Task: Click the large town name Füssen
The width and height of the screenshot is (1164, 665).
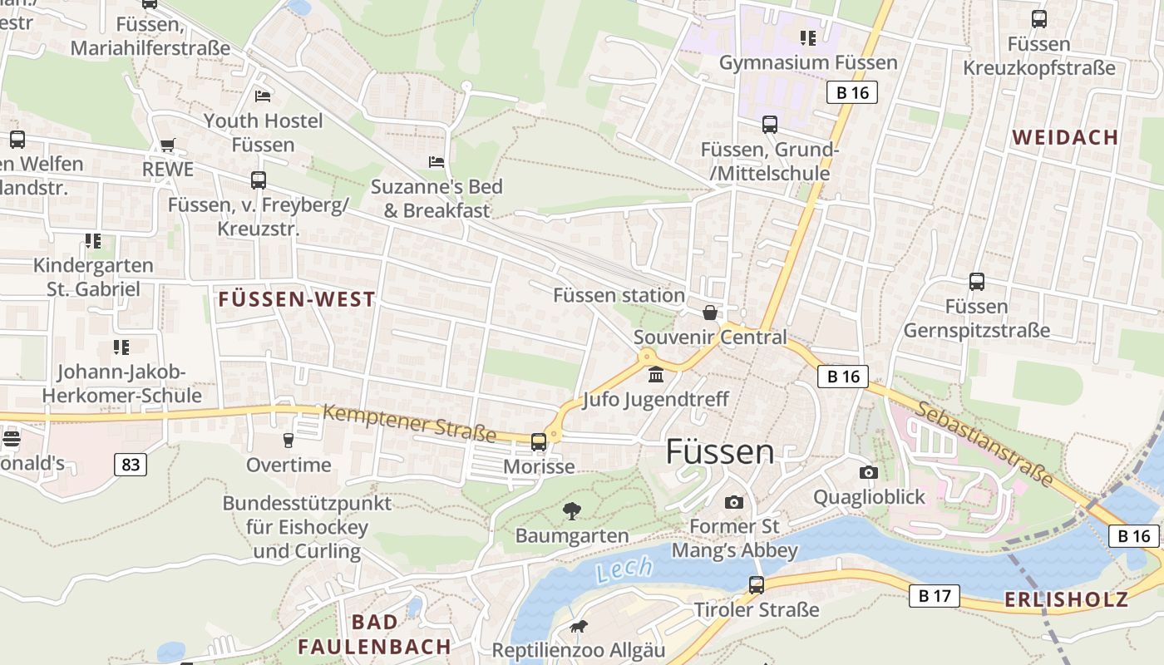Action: (x=720, y=451)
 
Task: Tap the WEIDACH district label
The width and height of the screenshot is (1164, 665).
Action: (x=1065, y=137)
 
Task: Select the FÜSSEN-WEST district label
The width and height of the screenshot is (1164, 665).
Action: (x=296, y=299)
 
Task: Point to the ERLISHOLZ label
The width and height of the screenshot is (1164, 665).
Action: (x=1066, y=599)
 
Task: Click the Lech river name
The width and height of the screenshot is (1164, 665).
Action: (x=624, y=571)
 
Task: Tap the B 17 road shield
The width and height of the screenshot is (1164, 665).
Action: (x=934, y=595)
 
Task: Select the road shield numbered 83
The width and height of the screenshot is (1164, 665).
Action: (x=131, y=464)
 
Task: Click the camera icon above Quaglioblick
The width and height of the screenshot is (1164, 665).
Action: (x=869, y=472)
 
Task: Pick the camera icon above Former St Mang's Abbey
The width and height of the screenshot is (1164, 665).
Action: (x=733, y=502)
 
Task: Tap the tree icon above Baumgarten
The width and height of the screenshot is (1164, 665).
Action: (x=572, y=510)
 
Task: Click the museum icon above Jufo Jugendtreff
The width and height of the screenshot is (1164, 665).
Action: (x=656, y=376)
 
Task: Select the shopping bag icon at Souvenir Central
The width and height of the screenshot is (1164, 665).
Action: (x=709, y=313)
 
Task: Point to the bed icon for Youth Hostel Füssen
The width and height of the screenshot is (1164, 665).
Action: (x=263, y=96)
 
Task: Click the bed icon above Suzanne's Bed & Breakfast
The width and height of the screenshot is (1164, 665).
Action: (x=436, y=160)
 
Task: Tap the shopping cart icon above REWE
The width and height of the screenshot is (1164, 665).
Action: (x=168, y=145)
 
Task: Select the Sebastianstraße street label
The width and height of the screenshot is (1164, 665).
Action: (x=986, y=444)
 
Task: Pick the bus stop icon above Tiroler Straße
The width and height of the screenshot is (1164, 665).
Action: (x=757, y=584)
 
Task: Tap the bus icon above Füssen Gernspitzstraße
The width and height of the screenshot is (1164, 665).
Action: (x=977, y=282)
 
